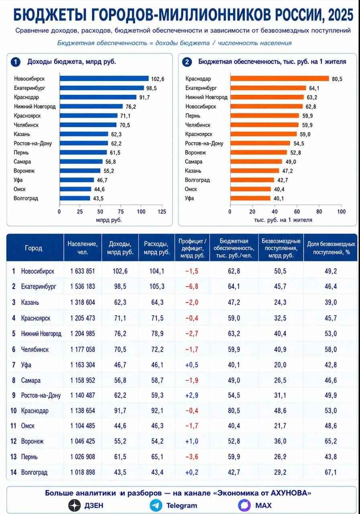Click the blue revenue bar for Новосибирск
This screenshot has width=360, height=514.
click(104, 79)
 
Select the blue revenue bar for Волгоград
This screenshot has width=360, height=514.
click(75, 198)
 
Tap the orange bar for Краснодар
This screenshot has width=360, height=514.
click(280, 79)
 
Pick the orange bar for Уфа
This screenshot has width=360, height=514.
click(250, 198)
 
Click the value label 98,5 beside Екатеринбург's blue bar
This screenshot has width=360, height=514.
click(151, 88)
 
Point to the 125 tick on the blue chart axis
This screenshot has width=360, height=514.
click(162, 212)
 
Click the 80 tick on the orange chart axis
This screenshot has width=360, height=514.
click(319, 212)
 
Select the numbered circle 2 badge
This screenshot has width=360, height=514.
click(187, 62)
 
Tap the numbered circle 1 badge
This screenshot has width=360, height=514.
click(16, 62)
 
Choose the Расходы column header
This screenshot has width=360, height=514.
click(157, 248)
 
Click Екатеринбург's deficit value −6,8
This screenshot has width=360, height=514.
click(192, 287)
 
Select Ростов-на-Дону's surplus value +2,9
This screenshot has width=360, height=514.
click(192, 396)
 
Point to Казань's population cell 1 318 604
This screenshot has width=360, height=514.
click(83, 302)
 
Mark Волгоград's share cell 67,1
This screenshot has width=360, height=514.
click(331, 472)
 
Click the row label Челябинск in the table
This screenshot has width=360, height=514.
click(35, 349)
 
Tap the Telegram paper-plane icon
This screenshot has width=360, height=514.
click(156, 506)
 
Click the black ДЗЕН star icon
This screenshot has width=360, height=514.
click(75, 506)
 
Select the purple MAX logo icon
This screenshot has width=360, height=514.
click(244, 505)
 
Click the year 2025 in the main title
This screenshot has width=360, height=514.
click(341, 15)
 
